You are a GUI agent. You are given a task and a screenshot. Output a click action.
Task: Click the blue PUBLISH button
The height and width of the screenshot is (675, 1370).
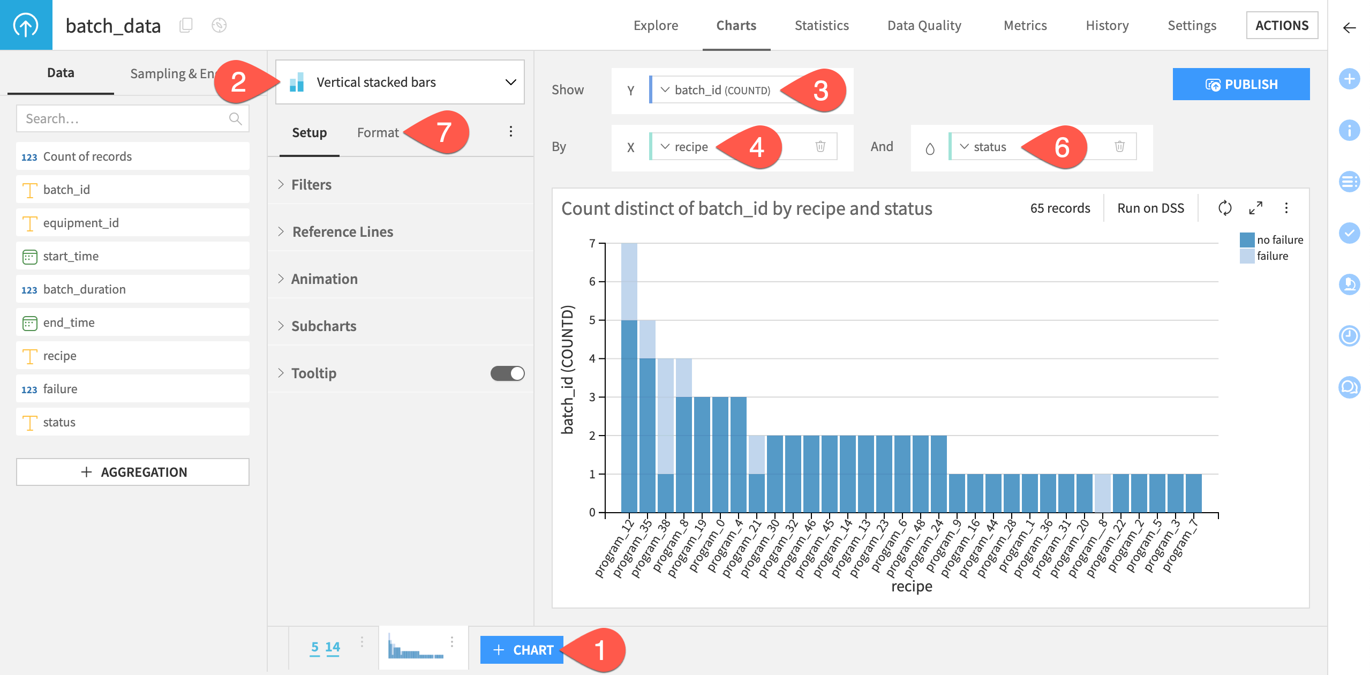(x=1240, y=84)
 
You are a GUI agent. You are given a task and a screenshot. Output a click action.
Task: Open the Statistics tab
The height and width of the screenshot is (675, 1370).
(x=821, y=25)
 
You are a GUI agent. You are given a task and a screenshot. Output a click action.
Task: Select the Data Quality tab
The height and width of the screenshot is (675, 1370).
(x=924, y=25)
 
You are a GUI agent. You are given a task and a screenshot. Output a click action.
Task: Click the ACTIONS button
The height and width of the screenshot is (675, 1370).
(x=1281, y=25)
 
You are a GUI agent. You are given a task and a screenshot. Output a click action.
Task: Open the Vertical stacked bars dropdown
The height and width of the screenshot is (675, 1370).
(x=400, y=82)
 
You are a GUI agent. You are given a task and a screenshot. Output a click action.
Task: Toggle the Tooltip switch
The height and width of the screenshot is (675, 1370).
(x=507, y=373)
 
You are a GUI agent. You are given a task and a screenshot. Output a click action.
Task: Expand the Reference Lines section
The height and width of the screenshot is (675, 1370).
(x=342, y=231)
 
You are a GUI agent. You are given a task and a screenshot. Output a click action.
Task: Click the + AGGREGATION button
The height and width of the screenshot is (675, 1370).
(x=133, y=472)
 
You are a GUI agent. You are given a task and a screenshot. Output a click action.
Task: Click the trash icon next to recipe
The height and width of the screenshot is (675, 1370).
(x=820, y=146)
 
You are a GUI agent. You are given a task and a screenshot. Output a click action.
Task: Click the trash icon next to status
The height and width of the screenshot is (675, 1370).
(x=1119, y=146)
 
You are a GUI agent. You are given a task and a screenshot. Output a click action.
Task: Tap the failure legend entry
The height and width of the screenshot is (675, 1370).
(x=1271, y=256)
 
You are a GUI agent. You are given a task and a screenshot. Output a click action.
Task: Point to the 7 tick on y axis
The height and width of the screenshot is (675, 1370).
(x=592, y=243)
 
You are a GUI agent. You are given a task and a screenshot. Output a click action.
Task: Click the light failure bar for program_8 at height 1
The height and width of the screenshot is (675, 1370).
(x=1102, y=493)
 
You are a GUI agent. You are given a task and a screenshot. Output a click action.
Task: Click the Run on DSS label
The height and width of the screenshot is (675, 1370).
(x=1150, y=208)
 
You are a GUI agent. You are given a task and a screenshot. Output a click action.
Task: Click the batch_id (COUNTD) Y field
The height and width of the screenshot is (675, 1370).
(x=721, y=90)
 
